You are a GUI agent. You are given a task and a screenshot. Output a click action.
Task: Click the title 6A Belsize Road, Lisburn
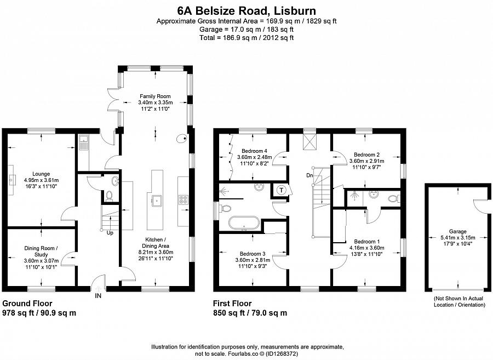(x=246, y=10)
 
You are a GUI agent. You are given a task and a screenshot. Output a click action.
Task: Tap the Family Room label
(x=156, y=96)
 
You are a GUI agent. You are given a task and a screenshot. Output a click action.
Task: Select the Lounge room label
(x=41, y=173)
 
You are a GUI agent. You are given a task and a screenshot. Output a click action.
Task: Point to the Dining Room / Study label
(x=41, y=251)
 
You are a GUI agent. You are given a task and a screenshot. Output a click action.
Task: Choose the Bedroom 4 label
(x=254, y=151)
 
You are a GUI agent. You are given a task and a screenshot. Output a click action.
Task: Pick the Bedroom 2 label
(x=366, y=155)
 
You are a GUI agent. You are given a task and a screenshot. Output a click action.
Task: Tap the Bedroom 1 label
(x=366, y=242)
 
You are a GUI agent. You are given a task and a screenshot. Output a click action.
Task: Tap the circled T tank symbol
(x=282, y=190)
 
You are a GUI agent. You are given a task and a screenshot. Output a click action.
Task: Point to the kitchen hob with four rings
(x=184, y=200)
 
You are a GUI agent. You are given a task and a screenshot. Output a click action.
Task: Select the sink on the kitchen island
(x=157, y=200)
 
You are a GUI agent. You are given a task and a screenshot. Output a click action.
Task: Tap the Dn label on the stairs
(x=310, y=176)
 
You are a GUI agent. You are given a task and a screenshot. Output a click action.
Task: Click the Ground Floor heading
(x=27, y=303)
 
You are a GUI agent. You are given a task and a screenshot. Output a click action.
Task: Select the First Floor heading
(x=232, y=303)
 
